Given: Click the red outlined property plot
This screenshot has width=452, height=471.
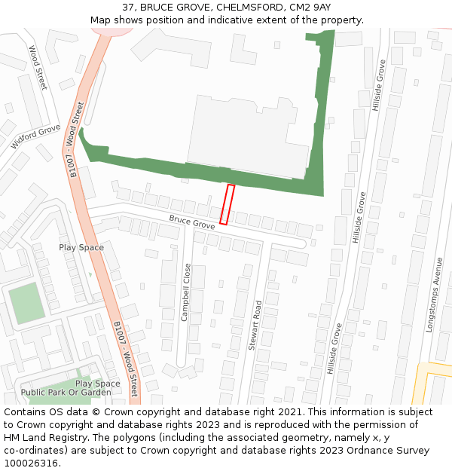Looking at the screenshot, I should (227, 204).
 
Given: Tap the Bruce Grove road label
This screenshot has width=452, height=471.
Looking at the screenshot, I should (191, 222).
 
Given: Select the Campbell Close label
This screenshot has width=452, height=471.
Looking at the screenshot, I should (186, 292).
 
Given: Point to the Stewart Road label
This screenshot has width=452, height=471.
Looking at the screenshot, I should (257, 326).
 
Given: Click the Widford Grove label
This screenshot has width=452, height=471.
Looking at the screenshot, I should (35, 137).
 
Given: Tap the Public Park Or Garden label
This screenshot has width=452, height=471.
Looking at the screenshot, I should (66, 393).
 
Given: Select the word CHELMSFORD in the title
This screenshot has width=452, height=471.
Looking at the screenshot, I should (244, 8).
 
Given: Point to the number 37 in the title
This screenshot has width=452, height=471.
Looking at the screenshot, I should (128, 8).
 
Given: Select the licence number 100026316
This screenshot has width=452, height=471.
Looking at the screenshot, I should (31, 463).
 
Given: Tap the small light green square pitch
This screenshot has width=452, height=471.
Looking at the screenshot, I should (26, 302).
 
